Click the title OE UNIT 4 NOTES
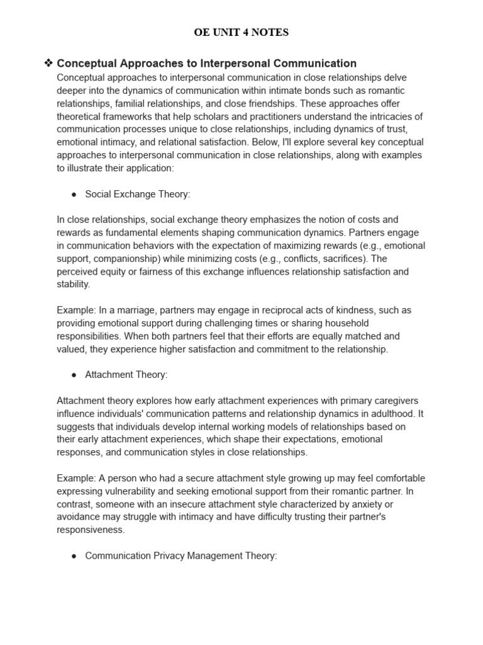point(241,33)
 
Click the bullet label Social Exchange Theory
point(137,194)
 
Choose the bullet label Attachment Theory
point(126,374)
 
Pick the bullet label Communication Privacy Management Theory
point(180,556)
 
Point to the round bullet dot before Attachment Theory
point(74,375)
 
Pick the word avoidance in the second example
point(78,517)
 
